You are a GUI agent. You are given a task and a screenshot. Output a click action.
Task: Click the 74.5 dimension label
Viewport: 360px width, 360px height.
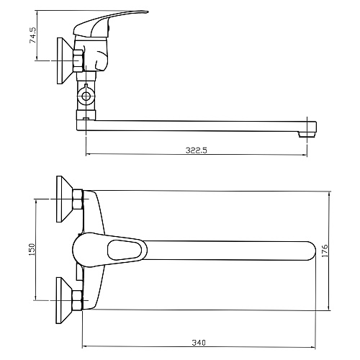pos(32,35)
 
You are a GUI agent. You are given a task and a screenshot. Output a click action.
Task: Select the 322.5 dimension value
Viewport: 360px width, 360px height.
pos(197,150)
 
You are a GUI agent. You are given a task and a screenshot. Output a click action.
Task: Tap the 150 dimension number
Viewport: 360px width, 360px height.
pos(32,249)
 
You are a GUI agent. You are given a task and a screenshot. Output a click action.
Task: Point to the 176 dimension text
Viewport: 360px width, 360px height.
pos(325,251)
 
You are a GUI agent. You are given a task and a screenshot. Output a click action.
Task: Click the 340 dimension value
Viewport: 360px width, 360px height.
pos(199,343)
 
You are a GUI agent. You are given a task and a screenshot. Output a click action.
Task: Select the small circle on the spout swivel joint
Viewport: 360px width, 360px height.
pos(86,96)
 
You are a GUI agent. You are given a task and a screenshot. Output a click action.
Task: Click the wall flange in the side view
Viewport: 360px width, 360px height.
pos(65,60)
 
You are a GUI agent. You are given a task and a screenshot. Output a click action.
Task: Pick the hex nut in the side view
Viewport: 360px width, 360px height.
pos(78,60)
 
